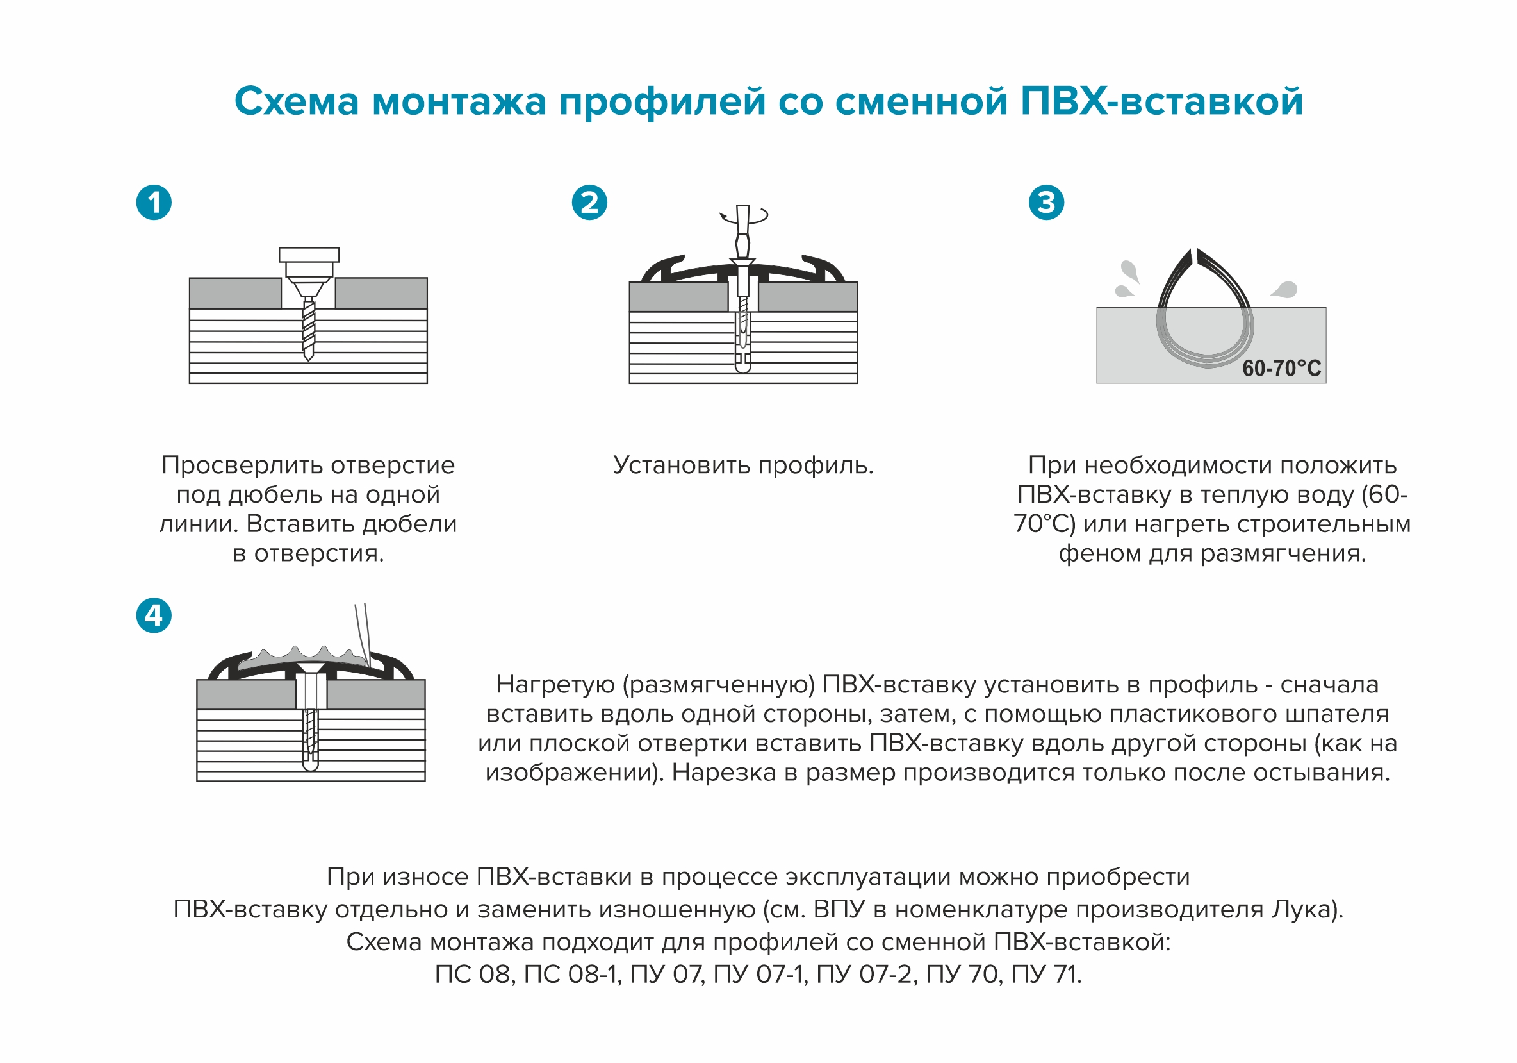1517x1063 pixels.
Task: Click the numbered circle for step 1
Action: [x=154, y=203]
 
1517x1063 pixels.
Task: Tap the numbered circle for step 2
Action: [x=589, y=203]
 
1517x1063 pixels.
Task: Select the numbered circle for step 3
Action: [x=1047, y=203]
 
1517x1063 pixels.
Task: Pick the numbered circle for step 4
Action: [x=154, y=615]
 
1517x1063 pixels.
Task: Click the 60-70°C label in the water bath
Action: [x=1281, y=368]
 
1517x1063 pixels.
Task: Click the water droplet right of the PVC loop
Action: [x=1284, y=289]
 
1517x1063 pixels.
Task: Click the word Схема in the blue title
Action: [x=297, y=102]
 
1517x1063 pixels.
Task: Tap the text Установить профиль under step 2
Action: [x=742, y=465]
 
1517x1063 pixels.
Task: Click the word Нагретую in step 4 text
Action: [x=555, y=685]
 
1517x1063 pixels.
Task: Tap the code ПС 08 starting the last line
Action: [x=473, y=975]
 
